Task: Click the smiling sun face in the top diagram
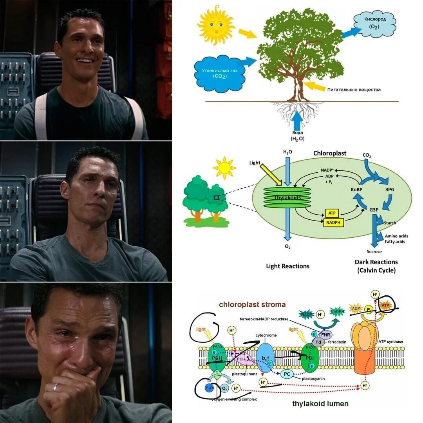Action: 216,25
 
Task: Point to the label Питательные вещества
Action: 354,90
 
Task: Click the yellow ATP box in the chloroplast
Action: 332,213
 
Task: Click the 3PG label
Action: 390,190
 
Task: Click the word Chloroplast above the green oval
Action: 329,153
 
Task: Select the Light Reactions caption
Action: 287,266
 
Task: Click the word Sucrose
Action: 374,251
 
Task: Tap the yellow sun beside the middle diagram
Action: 224,168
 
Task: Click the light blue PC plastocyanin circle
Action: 287,374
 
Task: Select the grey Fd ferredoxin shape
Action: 318,342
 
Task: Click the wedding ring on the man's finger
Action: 56,387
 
